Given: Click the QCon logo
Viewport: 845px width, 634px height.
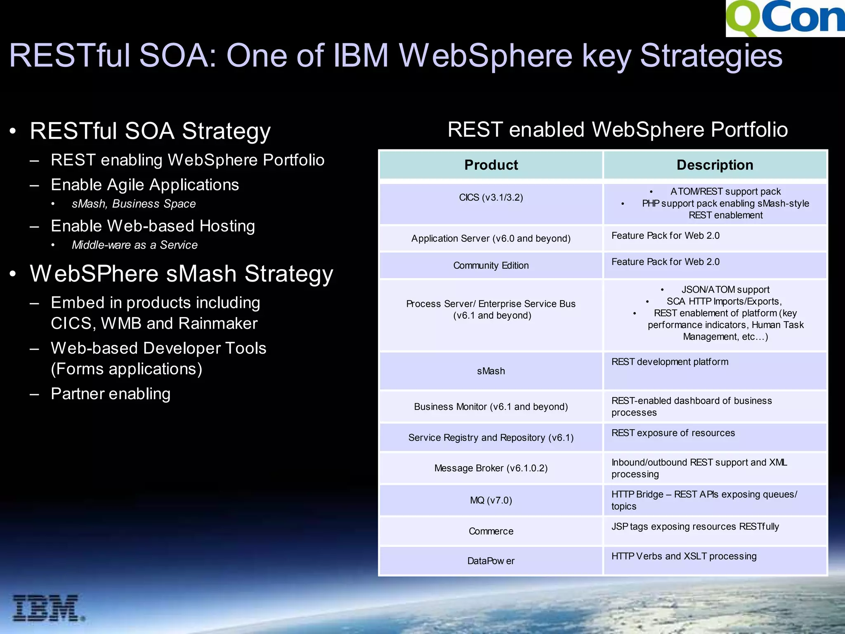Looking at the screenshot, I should coord(785,18).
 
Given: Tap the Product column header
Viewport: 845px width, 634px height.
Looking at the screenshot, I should coord(491,165).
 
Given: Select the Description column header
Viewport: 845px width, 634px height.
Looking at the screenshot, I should coord(715,165).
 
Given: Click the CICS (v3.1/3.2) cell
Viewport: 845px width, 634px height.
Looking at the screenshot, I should coord(491,198).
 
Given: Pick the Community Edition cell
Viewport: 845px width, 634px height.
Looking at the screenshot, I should coord(491,265).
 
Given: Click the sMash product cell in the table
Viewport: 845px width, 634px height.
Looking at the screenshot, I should coord(491,371).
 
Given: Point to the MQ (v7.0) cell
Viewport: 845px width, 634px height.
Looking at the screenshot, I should coord(491,500).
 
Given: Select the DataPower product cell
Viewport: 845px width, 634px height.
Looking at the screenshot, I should coord(491,561).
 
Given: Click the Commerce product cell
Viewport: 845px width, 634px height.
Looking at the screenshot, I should coord(491,531).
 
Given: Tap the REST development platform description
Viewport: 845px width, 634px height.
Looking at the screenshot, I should coord(670,362).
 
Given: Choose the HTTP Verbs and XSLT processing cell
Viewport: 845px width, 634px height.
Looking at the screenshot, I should coord(684,556).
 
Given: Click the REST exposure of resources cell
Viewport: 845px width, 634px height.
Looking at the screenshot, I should coord(673,433).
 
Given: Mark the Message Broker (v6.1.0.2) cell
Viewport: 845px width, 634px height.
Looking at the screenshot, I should coord(491,468).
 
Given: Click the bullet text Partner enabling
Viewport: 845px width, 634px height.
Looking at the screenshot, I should coord(111,394).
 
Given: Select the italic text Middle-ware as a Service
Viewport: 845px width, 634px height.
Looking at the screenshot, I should coord(135,245).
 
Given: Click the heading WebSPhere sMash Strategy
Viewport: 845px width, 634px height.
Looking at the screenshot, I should coord(182,274).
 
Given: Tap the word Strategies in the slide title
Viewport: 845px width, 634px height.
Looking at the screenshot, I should coord(710,56).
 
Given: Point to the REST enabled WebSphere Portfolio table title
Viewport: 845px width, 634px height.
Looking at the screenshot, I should coord(618,130).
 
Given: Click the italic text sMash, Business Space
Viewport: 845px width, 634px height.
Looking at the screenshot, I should coord(134,204).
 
